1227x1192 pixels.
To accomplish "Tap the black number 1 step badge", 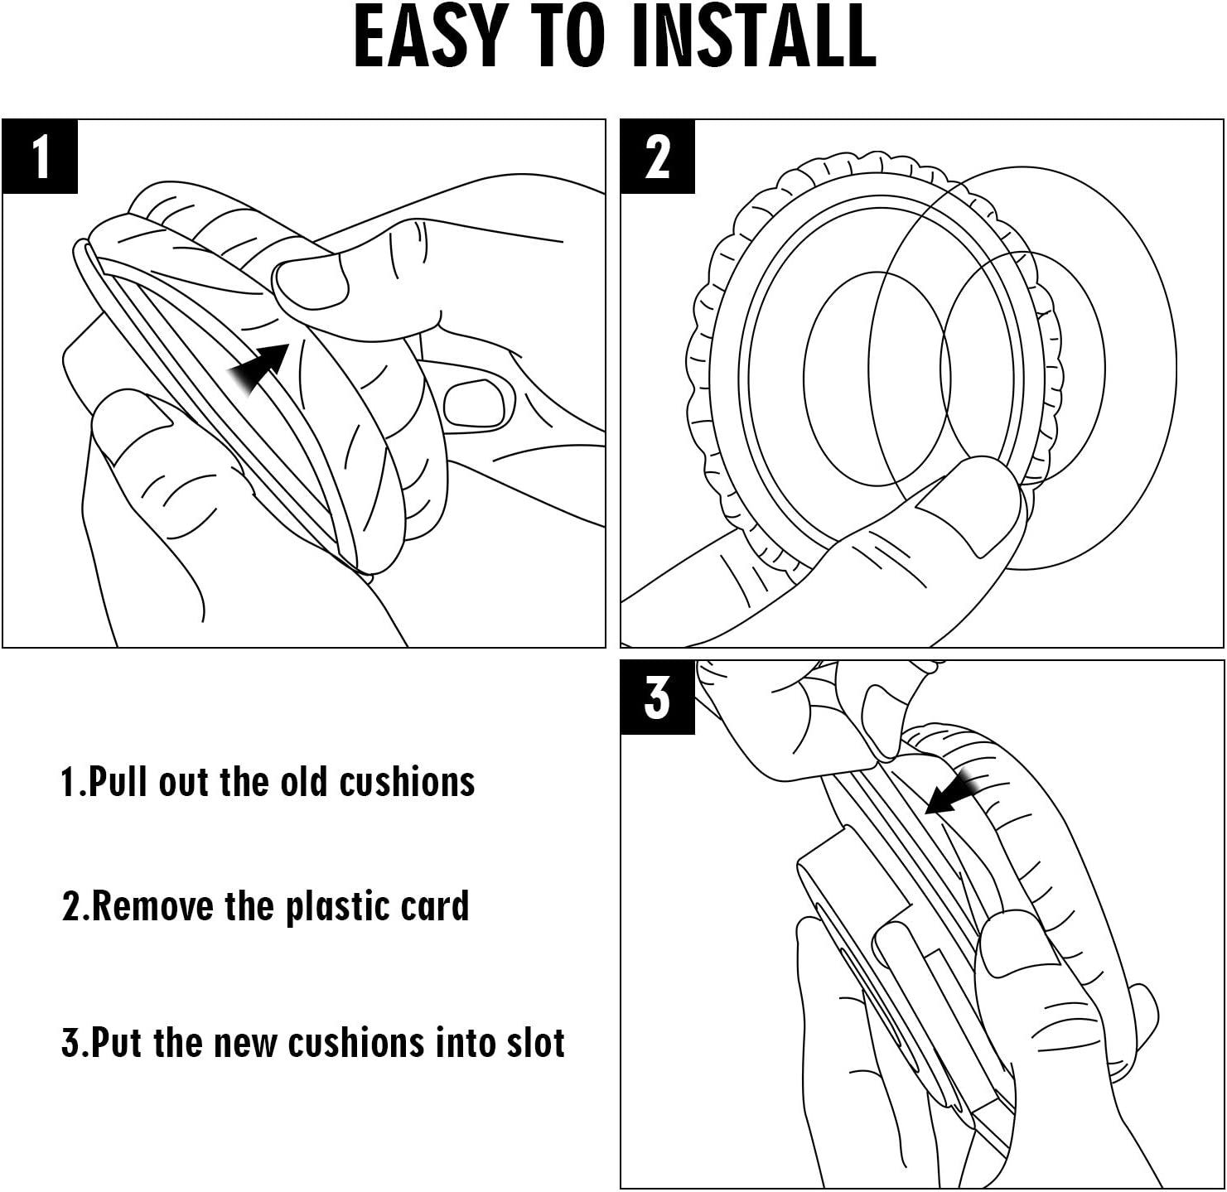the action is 41,157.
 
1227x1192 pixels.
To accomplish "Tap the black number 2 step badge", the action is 658,157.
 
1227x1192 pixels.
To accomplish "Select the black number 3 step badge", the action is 658,697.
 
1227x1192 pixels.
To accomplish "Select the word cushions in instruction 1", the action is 407,782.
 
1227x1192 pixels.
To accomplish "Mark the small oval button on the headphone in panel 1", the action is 476,403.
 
